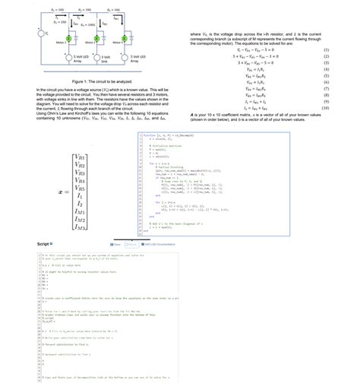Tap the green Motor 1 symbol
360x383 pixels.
(x=68, y=38)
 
